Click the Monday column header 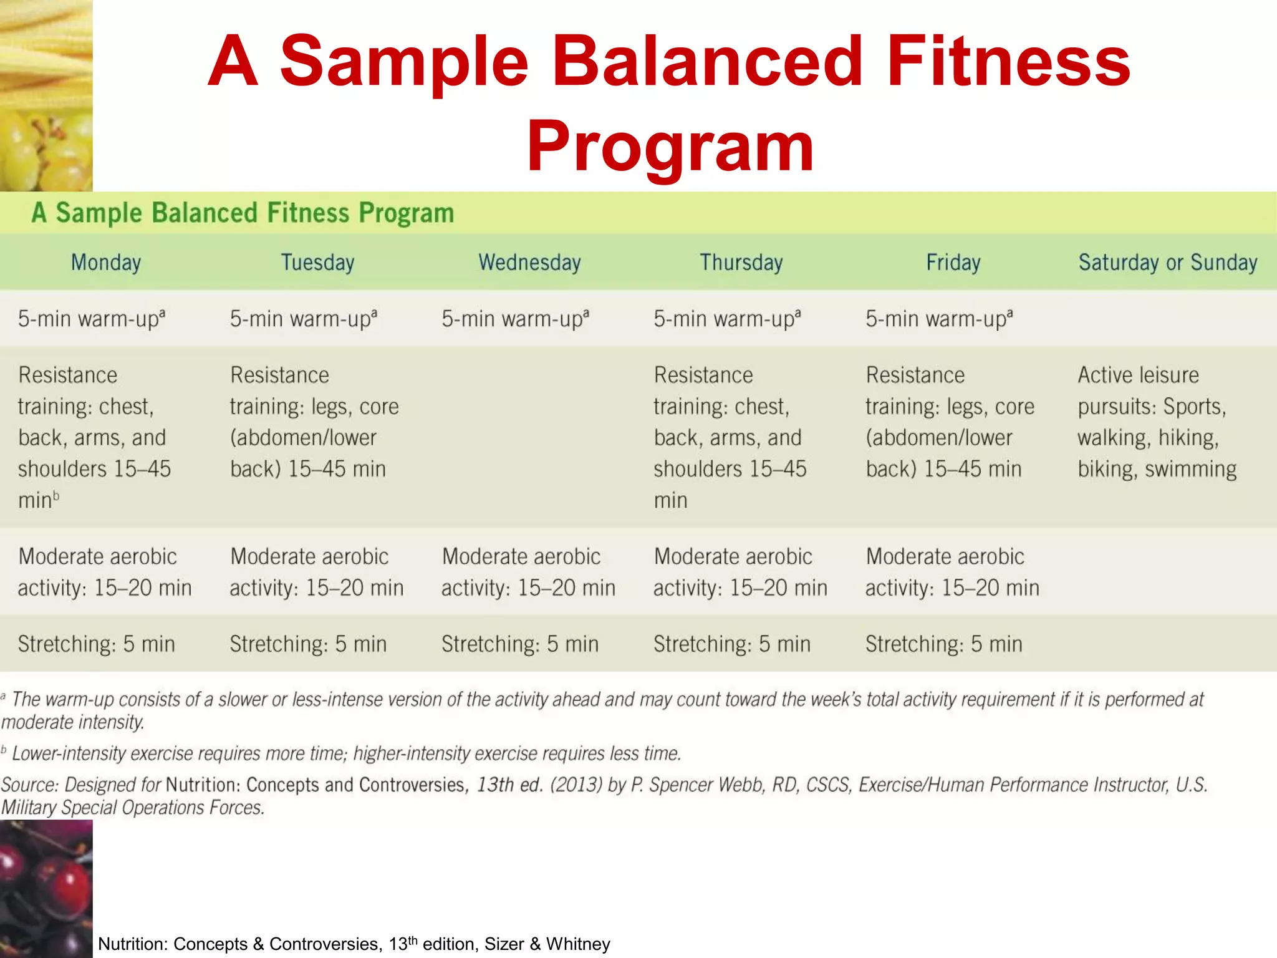coord(106,263)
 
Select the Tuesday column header coord(317,263)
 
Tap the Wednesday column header coord(529,263)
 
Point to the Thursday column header coord(741,263)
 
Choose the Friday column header coord(953,263)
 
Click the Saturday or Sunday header coord(1167,263)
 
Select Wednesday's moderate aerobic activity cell coord(528,572)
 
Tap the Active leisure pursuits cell coord(1157,422)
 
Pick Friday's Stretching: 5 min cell coord(943,644)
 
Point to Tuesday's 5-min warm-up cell coord(303,319)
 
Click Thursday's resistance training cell coord(730,437)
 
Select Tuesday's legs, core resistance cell coord(314,422)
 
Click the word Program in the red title coord(670,147)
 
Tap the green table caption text coord(243,213)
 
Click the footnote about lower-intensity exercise coord(346,753)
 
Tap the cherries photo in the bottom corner coord(46,888)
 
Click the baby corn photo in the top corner coord(46,50)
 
